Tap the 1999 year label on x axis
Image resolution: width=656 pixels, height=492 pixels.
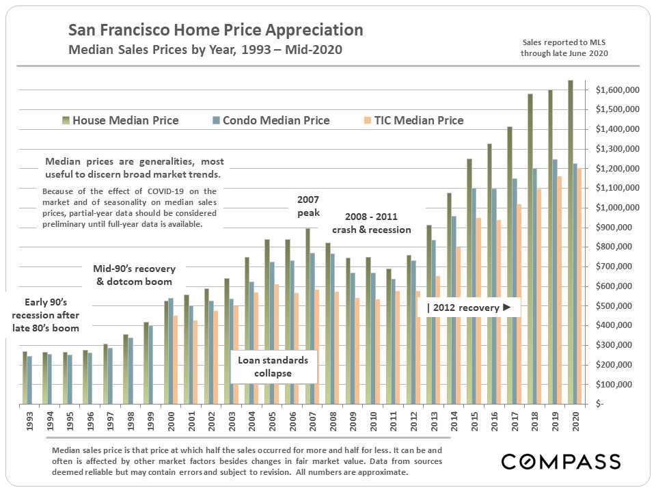click(x=150, y=418)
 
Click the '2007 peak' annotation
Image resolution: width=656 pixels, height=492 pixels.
click(x=308, y=206)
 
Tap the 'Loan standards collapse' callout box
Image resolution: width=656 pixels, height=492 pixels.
click(x=273, y=366)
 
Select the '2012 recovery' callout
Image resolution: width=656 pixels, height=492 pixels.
click(x=469, y=307)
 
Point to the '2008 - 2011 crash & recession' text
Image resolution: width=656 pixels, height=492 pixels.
click(x=371, y=223)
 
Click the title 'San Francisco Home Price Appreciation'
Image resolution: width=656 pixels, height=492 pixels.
click(x=215, y=31)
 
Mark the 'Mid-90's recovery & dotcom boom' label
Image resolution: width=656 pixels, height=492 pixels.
click(x=134, y=273)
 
